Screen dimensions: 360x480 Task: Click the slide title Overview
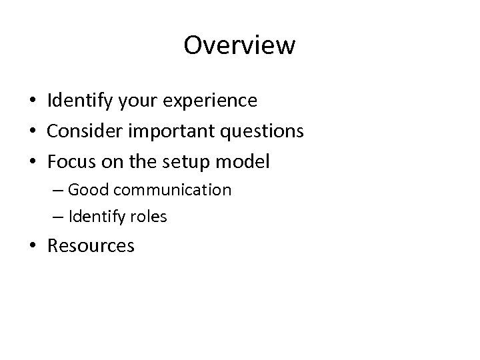[239, 45]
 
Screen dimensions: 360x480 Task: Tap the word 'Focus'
[71, 162]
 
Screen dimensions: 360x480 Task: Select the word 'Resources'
[91, 246]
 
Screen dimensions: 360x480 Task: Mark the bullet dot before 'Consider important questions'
[33, 132]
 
